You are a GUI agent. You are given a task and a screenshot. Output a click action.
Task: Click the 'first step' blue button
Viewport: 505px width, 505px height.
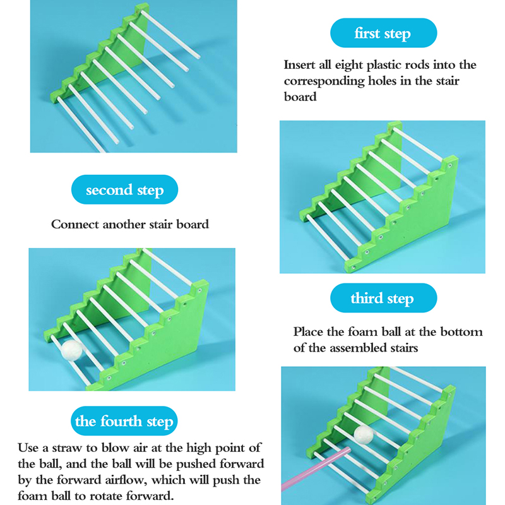point(383,33)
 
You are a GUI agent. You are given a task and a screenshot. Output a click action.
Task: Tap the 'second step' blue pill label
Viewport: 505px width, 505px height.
point(124,189)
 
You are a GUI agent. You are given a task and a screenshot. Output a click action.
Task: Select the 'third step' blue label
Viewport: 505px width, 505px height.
point(383,298)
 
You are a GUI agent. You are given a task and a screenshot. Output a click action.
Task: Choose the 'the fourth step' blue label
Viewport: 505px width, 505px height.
point(124,421)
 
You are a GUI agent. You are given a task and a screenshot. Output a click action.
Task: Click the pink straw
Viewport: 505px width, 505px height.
point(316,469)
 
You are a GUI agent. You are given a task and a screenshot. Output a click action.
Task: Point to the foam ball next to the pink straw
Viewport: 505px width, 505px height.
point(364,434)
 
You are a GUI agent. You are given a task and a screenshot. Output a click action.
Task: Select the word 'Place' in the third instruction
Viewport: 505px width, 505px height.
point(308,332)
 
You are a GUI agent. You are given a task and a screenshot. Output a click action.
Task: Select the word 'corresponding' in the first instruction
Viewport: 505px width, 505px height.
point(324,81)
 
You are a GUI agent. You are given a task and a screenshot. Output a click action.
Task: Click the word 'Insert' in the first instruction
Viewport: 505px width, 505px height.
point(299,65)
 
